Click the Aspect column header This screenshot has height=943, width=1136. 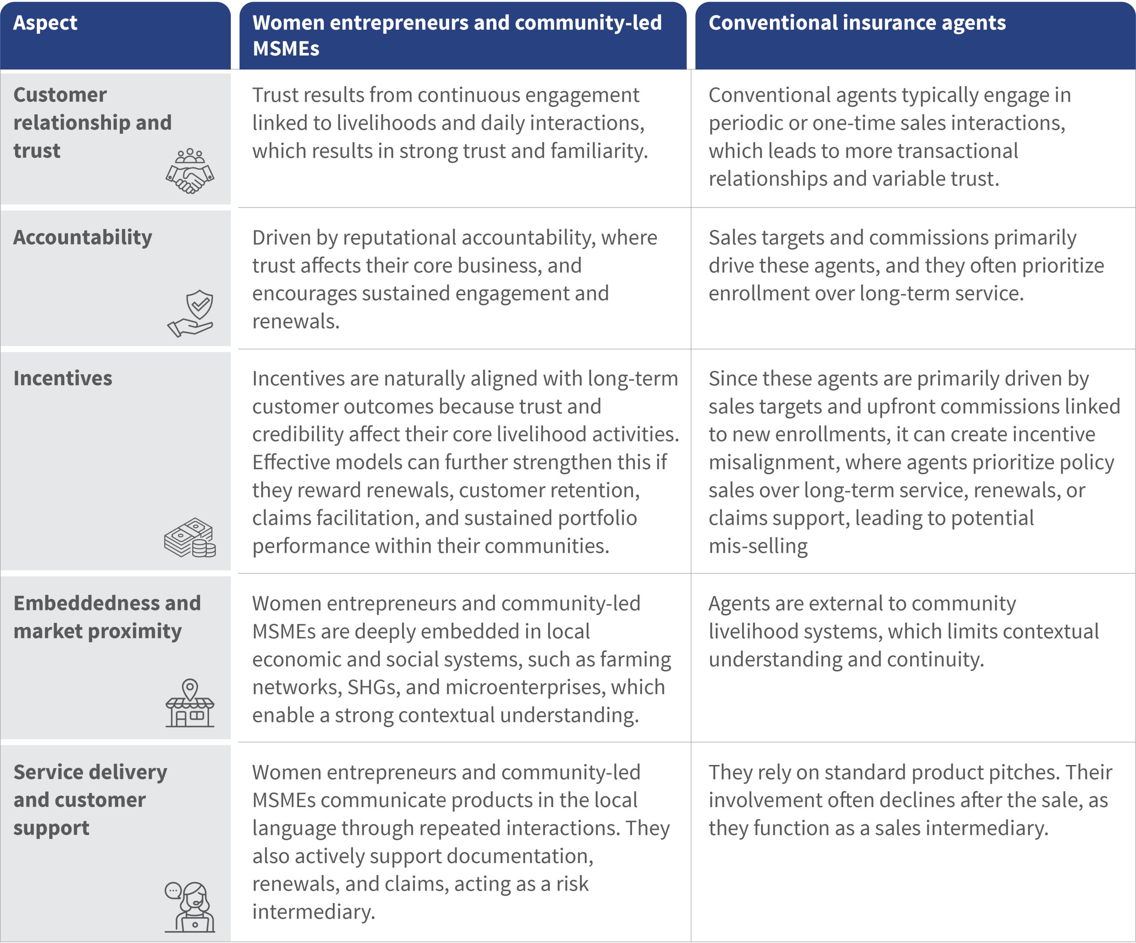(45, 23)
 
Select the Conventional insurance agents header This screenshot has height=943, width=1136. (857, 23)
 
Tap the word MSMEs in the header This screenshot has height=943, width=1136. (286, 49)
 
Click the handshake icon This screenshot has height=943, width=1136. (190, 171)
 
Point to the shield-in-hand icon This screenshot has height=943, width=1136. (190, 313)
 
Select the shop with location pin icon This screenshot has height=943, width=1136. (190, 703)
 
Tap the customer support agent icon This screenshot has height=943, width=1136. (190, 907)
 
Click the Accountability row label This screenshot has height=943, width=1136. (83, 238)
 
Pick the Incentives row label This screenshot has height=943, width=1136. (63, 378)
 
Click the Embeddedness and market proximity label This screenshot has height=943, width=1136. (106, 617)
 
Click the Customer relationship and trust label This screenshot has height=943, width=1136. (92, 123)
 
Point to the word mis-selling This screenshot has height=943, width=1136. (758, 546)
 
